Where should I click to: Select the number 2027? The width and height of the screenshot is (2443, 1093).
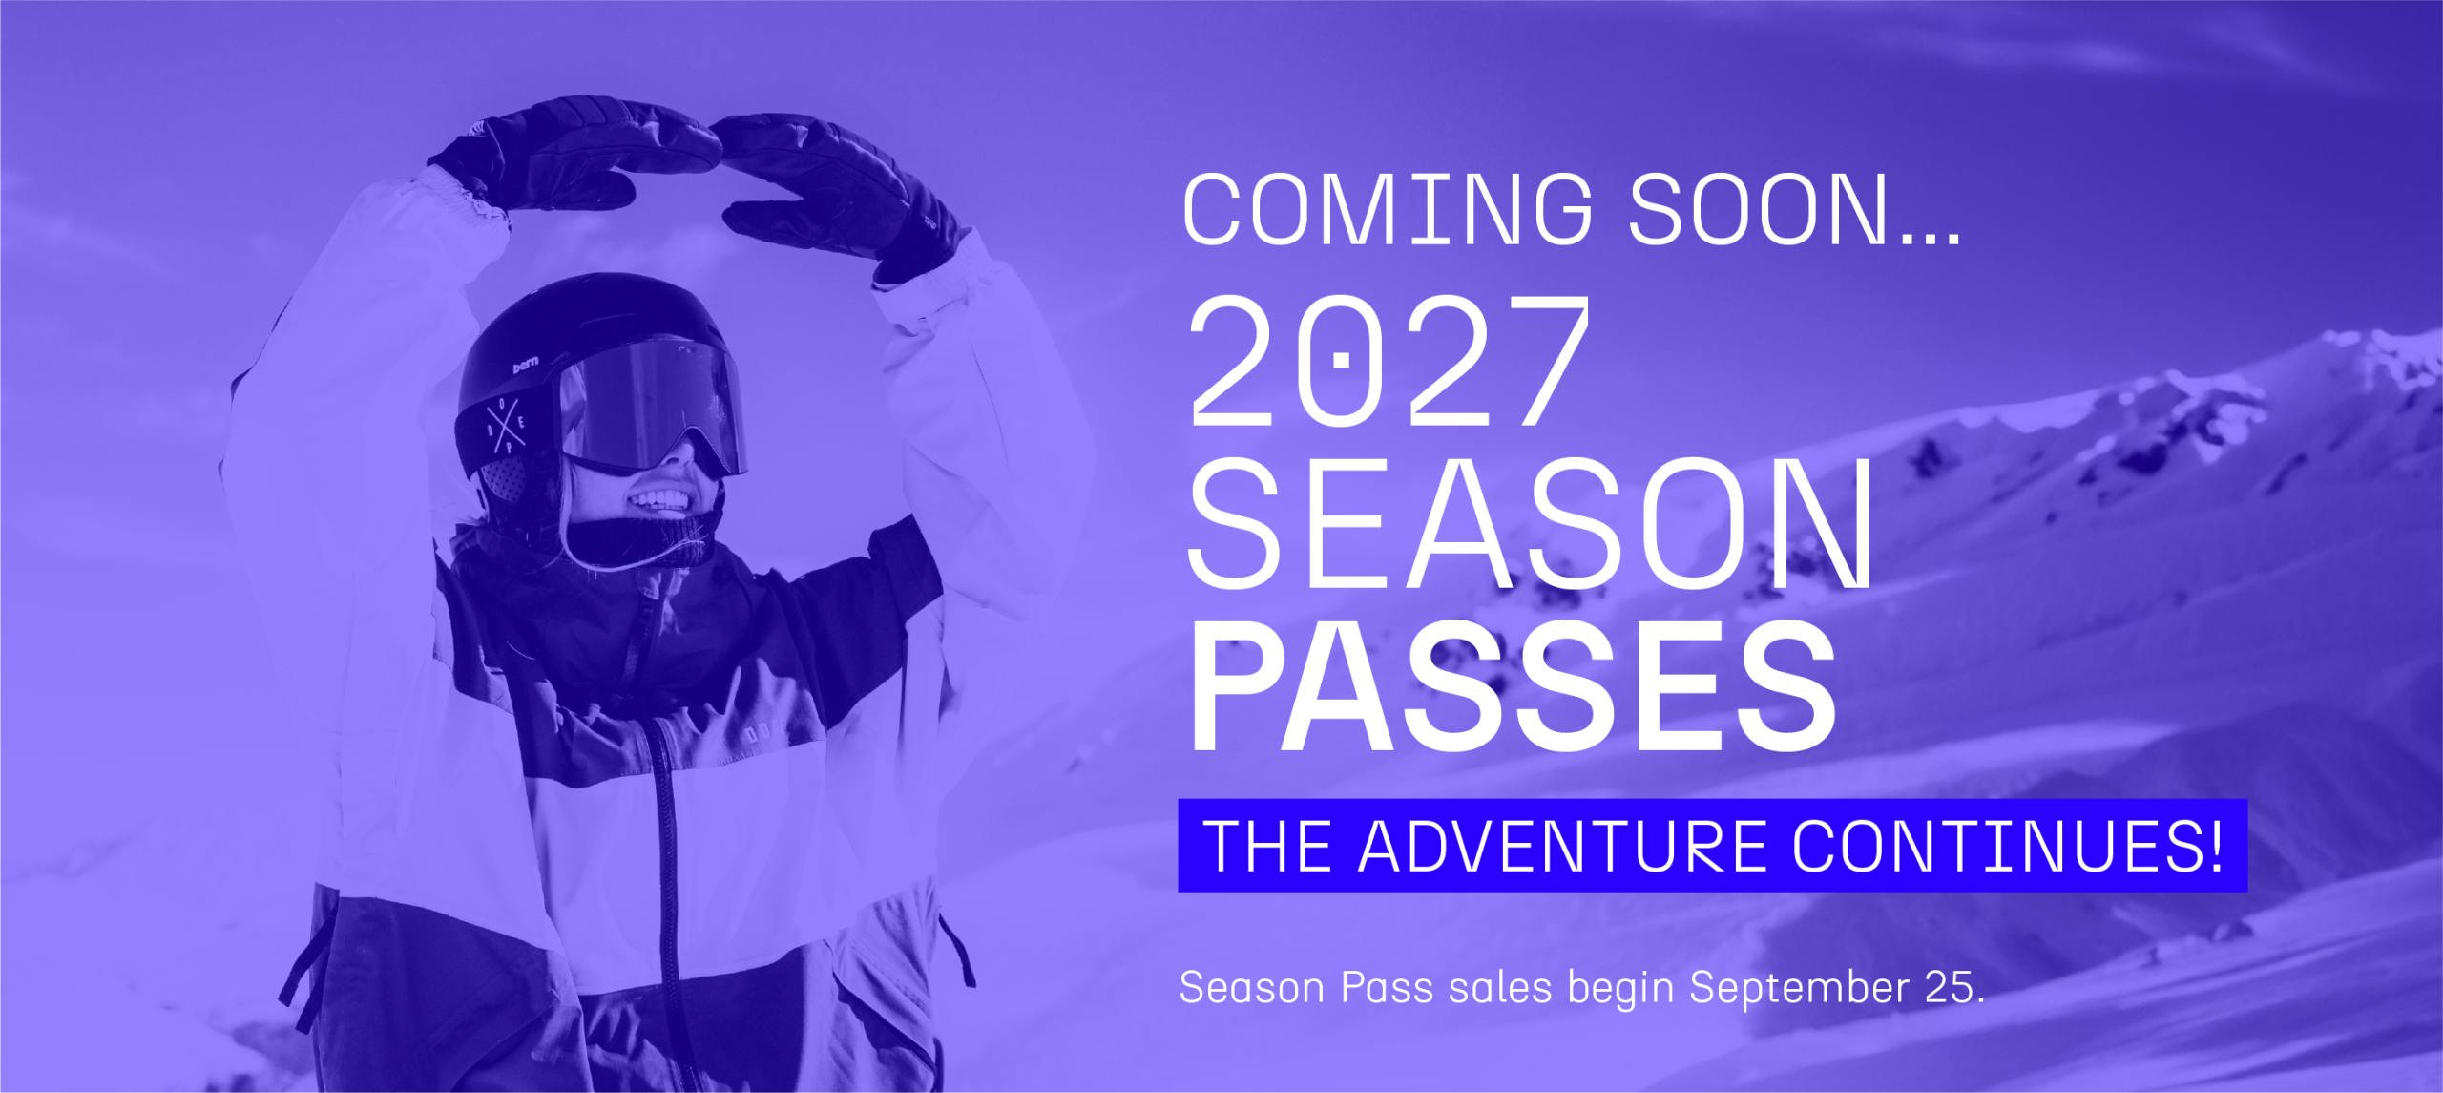click(1389, 360)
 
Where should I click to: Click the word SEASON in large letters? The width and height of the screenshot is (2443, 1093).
click(1531, 523)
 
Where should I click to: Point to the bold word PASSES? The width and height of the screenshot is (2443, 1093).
click(1514, 685)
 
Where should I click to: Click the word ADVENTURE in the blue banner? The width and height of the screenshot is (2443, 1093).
click(1562, 846)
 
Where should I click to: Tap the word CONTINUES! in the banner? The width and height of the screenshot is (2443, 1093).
click(2008, 846)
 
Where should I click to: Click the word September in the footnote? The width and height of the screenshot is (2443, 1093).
click(1799, 988)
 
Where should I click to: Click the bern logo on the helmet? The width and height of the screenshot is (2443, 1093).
click(526, 364)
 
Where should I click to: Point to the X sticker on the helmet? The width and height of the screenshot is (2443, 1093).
click(505, 422)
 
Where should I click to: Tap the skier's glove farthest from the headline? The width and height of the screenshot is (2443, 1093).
click(573, 153)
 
